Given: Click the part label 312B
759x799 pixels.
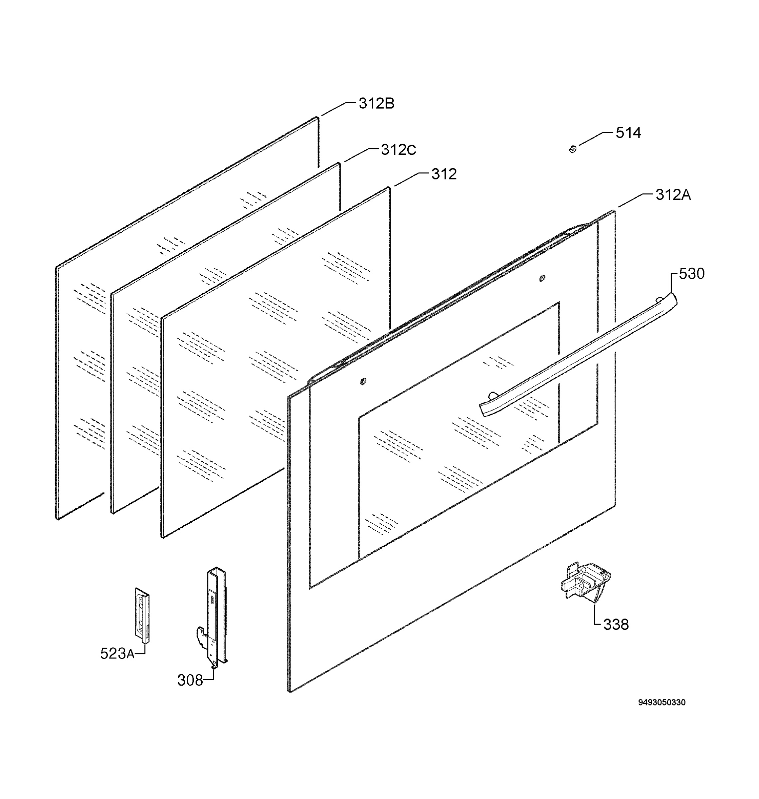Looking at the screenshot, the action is (x=376, y=104).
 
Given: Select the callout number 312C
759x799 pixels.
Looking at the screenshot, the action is (x=399, y=150).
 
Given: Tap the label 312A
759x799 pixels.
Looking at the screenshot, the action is (x=673, y=195).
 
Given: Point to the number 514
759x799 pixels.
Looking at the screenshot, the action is (x=628, y=133).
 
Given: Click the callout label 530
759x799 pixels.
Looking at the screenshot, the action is (x=691, y=274).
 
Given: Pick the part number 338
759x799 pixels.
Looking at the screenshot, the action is (x=616, y=625).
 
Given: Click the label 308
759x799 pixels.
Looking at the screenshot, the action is (x=190, y=680).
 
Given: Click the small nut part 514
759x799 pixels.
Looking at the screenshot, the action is (x=572, y=149).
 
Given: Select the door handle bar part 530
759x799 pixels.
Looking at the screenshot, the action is (x=579, y=354).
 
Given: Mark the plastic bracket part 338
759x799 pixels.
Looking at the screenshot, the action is (x=585, y=583).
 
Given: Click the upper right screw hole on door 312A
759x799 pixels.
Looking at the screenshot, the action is (x=542, y=278).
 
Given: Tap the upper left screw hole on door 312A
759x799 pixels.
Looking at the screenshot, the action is (x=363, y=381).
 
